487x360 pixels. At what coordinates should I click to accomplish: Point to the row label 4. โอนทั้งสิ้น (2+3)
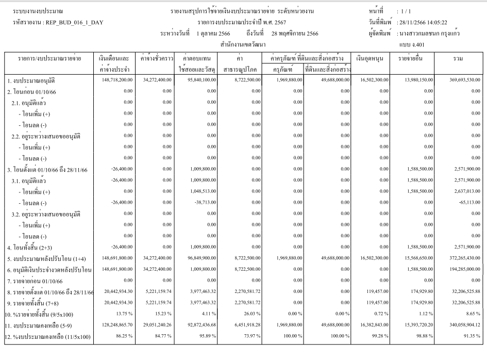(x=32, y=247)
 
